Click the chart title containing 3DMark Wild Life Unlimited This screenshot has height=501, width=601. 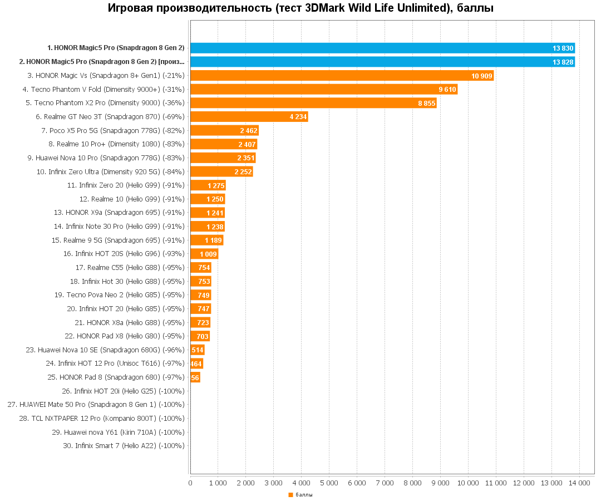(300, 8)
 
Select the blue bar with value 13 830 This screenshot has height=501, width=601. (382, 48)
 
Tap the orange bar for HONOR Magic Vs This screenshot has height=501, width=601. (342, 75)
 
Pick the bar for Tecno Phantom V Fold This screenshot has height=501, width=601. (324, 89)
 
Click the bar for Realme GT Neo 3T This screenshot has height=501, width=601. (249, 116)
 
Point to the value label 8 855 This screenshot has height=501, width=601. (427, 103)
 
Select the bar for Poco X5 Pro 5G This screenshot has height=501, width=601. (224, 130)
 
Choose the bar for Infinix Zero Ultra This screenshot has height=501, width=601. (221, 171)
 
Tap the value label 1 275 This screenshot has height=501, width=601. (216, 185)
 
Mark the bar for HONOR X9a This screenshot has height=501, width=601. (208, 213)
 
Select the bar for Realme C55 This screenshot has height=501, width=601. (200, 268)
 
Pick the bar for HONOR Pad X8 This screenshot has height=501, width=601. (200, 336)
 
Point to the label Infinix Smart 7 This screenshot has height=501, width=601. (124, 446)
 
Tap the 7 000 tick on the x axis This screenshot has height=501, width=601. (385, 483)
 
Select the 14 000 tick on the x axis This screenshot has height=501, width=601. (579, 483)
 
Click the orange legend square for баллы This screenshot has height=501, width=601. (290, 495)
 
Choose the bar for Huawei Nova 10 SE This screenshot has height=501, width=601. (197, 350)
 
